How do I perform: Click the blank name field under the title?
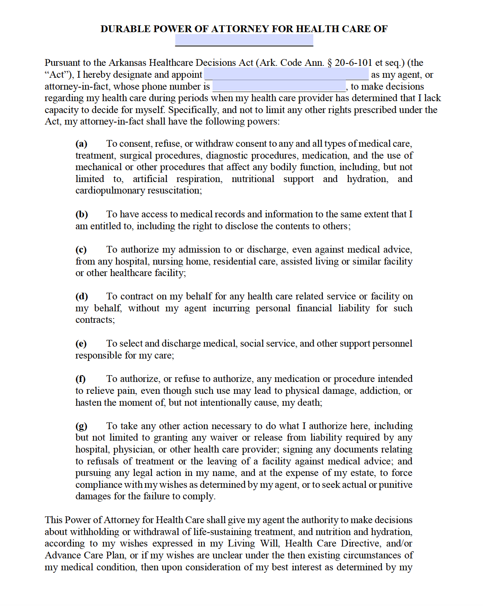[244, 40]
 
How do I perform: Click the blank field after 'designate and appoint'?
[286, 74]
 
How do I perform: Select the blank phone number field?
[279, 86]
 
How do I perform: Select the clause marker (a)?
[81, 144]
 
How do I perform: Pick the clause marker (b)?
[82, 214]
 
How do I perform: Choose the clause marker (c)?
[81, 249]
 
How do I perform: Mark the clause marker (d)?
[82, 296]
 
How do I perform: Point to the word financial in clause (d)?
[314, 308]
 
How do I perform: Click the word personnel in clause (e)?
[392, 343]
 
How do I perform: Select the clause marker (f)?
[80, 379]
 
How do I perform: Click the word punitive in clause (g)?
[395, 485]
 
